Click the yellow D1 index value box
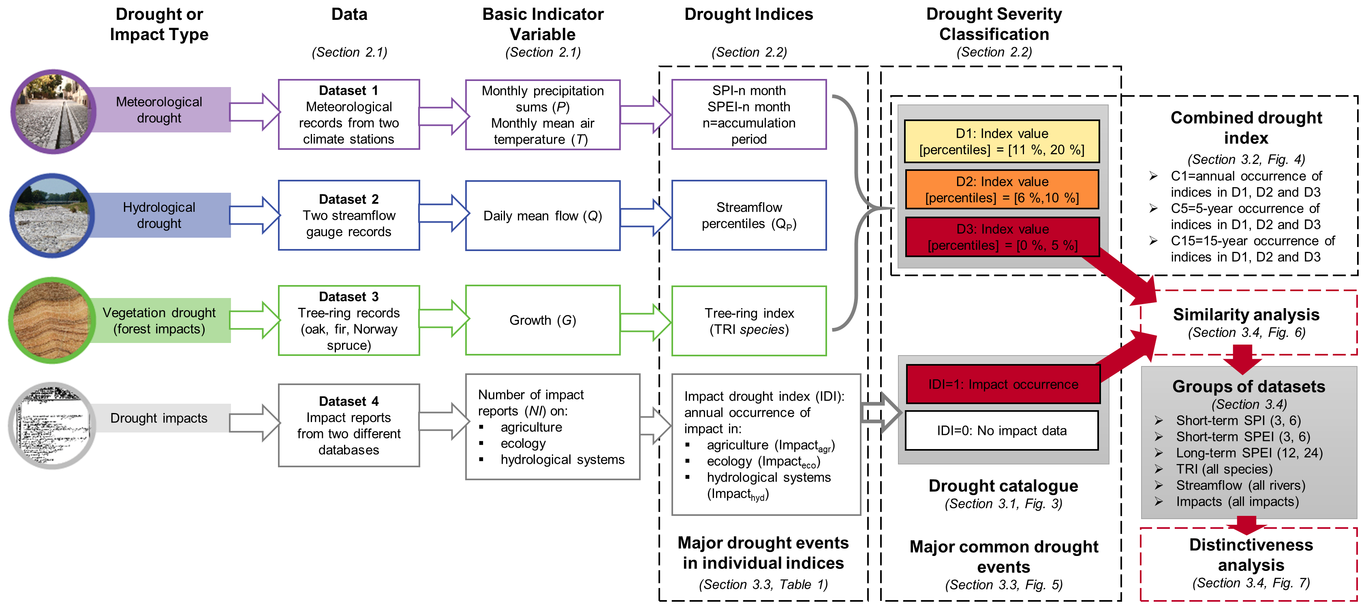[1002, 141]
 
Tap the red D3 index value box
[1002, 237]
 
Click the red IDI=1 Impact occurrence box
[1003, 384]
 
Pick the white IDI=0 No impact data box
[1001, 430]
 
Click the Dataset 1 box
[349, 115]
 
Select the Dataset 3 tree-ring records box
[349, 321]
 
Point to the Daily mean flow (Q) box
[543, 216]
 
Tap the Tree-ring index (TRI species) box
[749, 321]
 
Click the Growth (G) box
[543, 320]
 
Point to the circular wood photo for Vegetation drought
[51, 320]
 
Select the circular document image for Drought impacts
[51, 426]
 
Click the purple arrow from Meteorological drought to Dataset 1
[254, 112]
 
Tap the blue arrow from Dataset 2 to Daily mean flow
[445, 214]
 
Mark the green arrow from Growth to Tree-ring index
[646, 321]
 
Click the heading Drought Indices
[748, 14]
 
